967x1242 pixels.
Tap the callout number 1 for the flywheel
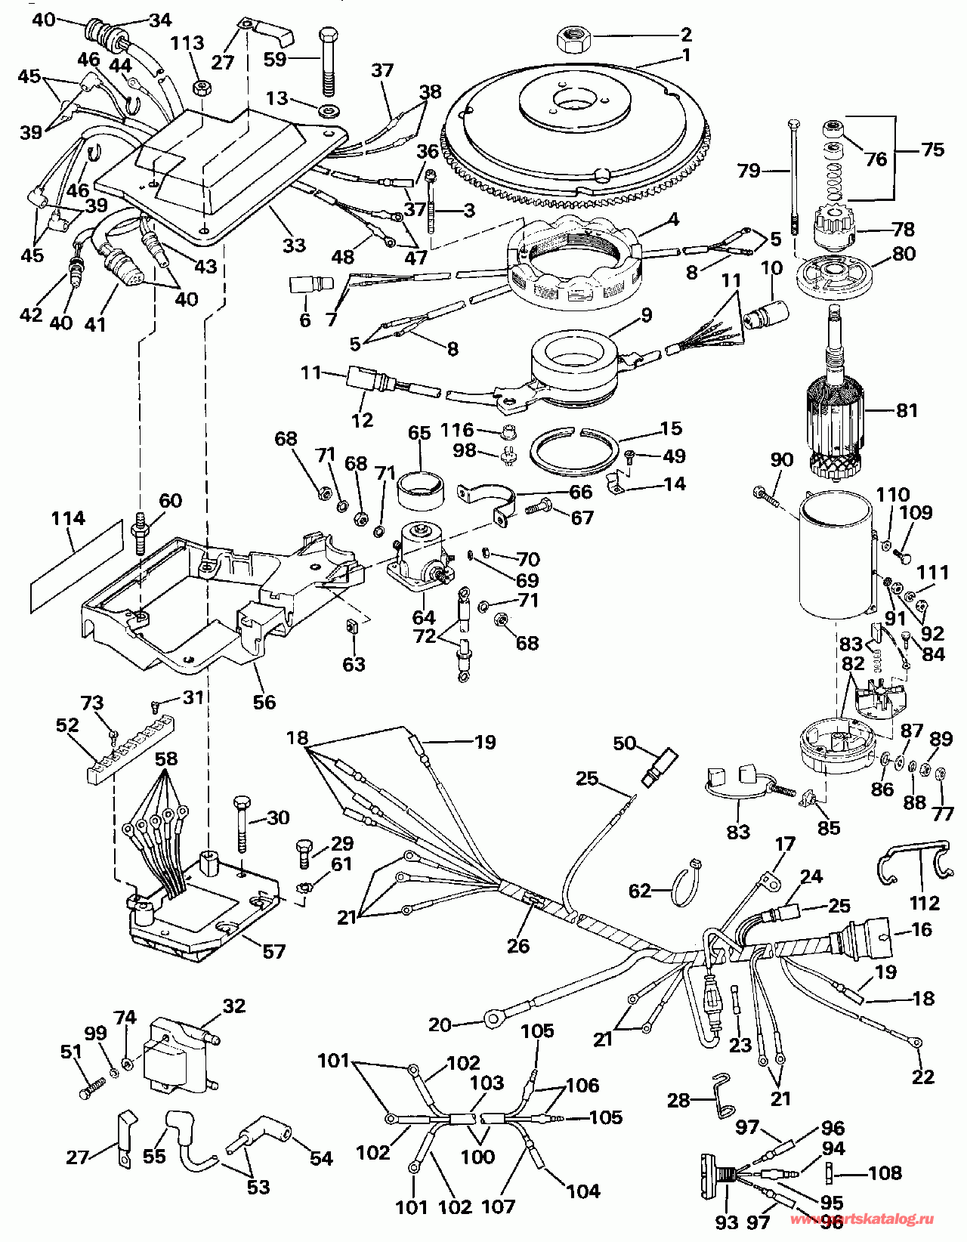685,55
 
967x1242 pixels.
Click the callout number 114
68,519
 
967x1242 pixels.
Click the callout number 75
932,149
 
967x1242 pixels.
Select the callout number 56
264,702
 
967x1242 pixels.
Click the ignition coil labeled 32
181,1050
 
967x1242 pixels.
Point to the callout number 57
273,950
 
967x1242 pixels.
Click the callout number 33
294,245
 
